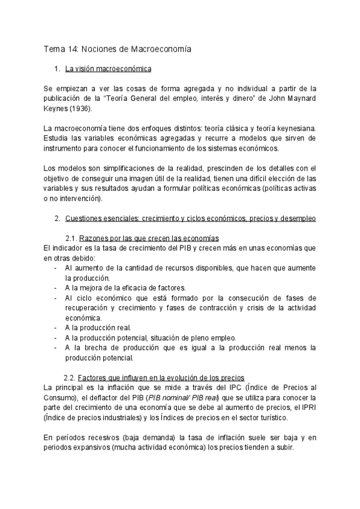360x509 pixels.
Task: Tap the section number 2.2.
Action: point(70,377)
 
